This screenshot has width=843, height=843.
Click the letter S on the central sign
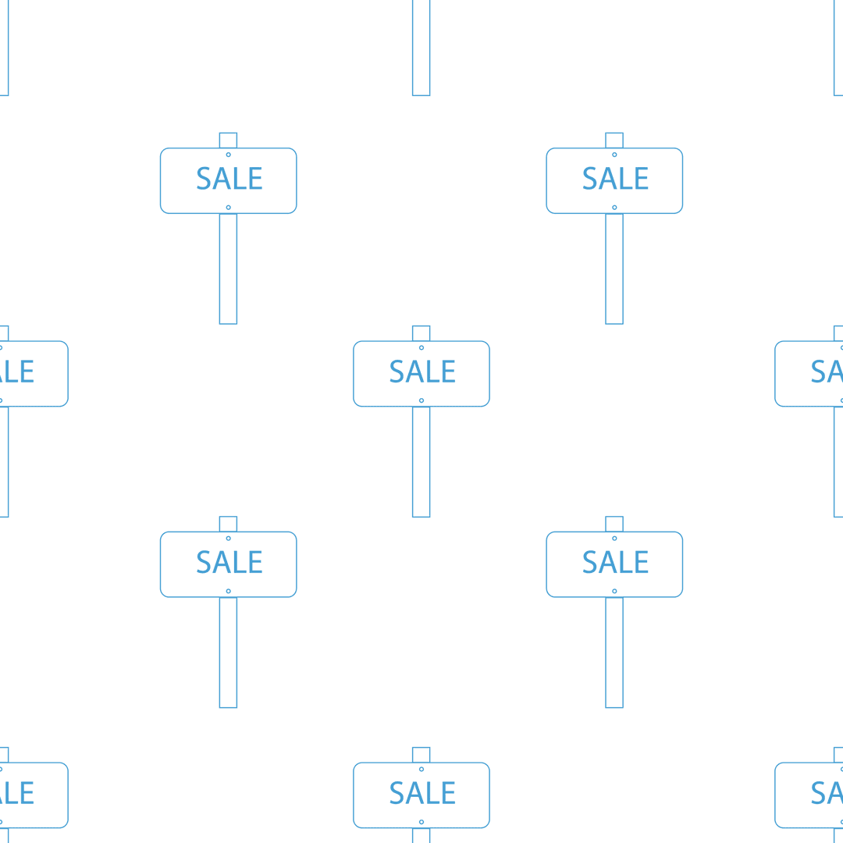(397, 372)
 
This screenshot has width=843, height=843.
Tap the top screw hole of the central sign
(421, 348)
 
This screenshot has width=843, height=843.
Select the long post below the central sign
(421, 462)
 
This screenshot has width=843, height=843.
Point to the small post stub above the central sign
(421, 333)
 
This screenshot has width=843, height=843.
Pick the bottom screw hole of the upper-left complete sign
(229, 208)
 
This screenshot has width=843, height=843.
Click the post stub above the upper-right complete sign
(614, 140)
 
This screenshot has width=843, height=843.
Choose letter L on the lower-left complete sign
(240, 562)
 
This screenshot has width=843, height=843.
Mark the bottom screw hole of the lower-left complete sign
(229, 592)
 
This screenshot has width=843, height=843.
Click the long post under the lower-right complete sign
(614, 653)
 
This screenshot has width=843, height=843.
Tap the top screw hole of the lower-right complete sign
(614, 539)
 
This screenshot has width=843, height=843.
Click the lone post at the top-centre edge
(421, 48)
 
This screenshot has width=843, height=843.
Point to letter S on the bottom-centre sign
(397, 793)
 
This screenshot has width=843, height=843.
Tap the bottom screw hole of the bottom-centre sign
(421, 822)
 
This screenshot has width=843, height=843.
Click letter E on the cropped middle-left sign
(27, 372)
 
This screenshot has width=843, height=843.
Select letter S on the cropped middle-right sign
(818, 372)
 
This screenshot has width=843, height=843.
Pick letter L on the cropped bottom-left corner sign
(11, 793)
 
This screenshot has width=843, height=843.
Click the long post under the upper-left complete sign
(229, 269)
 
